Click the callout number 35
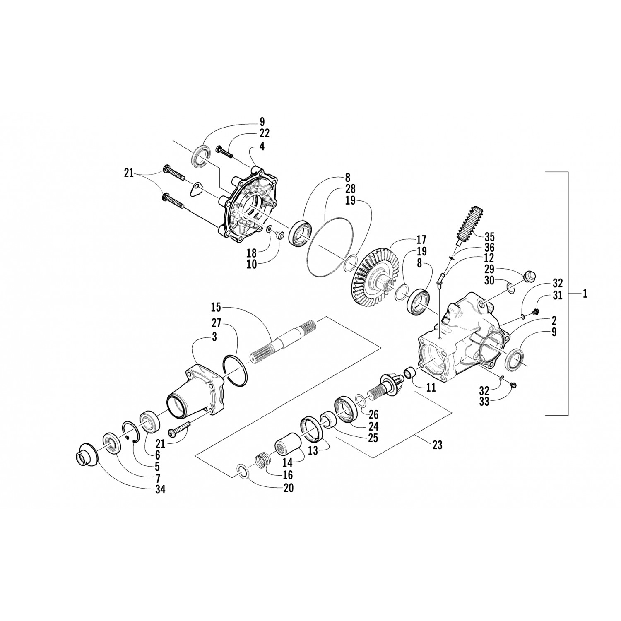[489, 238]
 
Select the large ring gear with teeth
[373, 273]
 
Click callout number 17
[421, 240]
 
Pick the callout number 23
[437, 445]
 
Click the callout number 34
[160, 489]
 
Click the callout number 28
[350, 189]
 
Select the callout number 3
[214, 337]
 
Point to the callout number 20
[289, 488]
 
